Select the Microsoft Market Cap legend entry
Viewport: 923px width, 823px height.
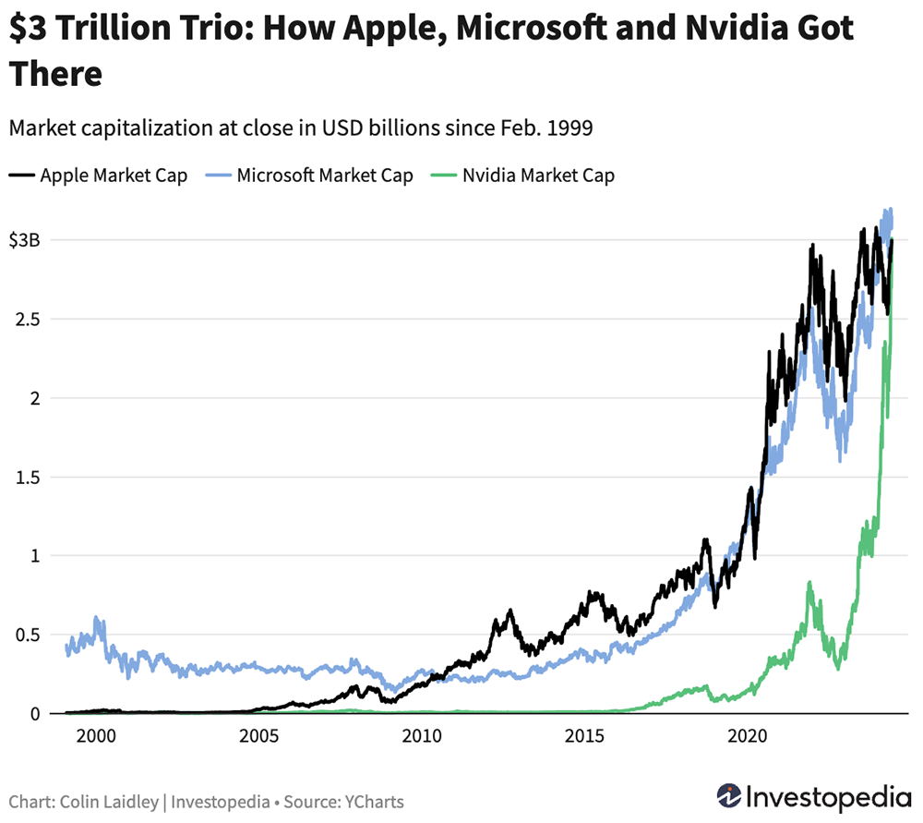(325, 175)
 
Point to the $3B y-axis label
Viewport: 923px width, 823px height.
(25, 240)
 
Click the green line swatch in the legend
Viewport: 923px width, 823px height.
(447, 175)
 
